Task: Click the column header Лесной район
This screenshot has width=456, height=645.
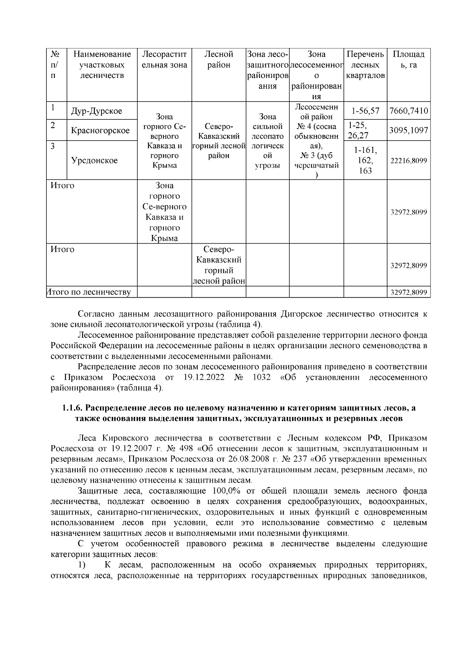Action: [x=218, y=60]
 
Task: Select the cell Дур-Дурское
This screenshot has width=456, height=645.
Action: [x=97, y=111]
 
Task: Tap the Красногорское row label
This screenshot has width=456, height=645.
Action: [x=100, y=130]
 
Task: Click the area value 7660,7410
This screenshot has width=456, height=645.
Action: [x=408, y=111]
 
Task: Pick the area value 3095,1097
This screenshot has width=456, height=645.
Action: [x=408, y=130]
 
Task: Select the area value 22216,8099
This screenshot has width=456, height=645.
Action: [x=408, y=161]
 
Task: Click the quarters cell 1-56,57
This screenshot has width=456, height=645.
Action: [x=365, y=111]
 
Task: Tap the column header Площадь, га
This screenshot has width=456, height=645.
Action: [x=408, y=60]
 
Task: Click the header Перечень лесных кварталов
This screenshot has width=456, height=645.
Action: [x=365, y=65]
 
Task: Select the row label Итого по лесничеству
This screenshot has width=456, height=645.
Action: [x=89, y=292]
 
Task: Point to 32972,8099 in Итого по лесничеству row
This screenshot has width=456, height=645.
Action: [x=408, y=292]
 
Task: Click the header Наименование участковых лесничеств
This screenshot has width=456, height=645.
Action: [x=102, y=65]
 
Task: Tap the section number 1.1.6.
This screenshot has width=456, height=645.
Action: [x=73, y=408]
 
